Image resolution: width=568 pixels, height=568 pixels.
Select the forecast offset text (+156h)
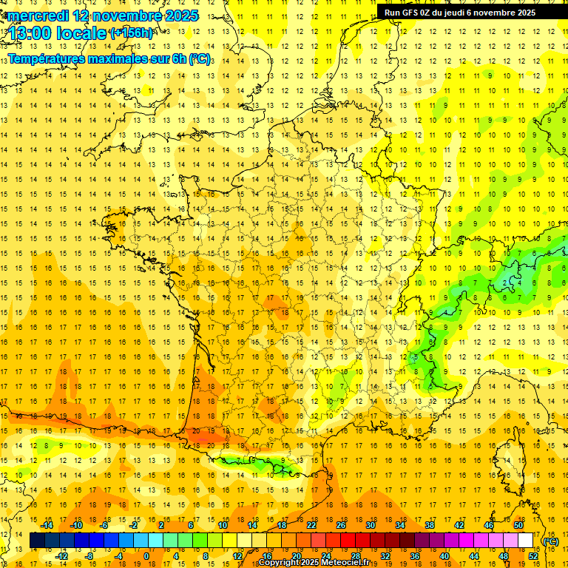pyautogui.click(x=132, y=33)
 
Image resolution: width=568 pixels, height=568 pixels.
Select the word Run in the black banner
pyautogui.click(x=392, y=13)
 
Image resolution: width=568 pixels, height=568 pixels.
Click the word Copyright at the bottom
pyautogui.click(x=279, y=563)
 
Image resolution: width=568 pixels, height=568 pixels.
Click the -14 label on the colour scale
pyautogui.click(x=47, y=525)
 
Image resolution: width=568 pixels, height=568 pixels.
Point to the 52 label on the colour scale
pyautogui.click(x=532, y=556)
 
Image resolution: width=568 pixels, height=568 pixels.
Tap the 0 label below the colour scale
pyautogui.click(x=146, y=556)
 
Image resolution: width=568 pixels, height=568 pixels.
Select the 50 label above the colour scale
pyautogui.click(x=518, y=525)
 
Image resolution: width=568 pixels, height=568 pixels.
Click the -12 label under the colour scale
pyautogui.click(x=62, y=556)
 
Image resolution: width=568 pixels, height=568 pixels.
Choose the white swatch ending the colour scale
pyautogui.click(x=526, y=541)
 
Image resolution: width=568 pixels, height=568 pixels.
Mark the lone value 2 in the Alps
pyautogui.click(x=505, y=283)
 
